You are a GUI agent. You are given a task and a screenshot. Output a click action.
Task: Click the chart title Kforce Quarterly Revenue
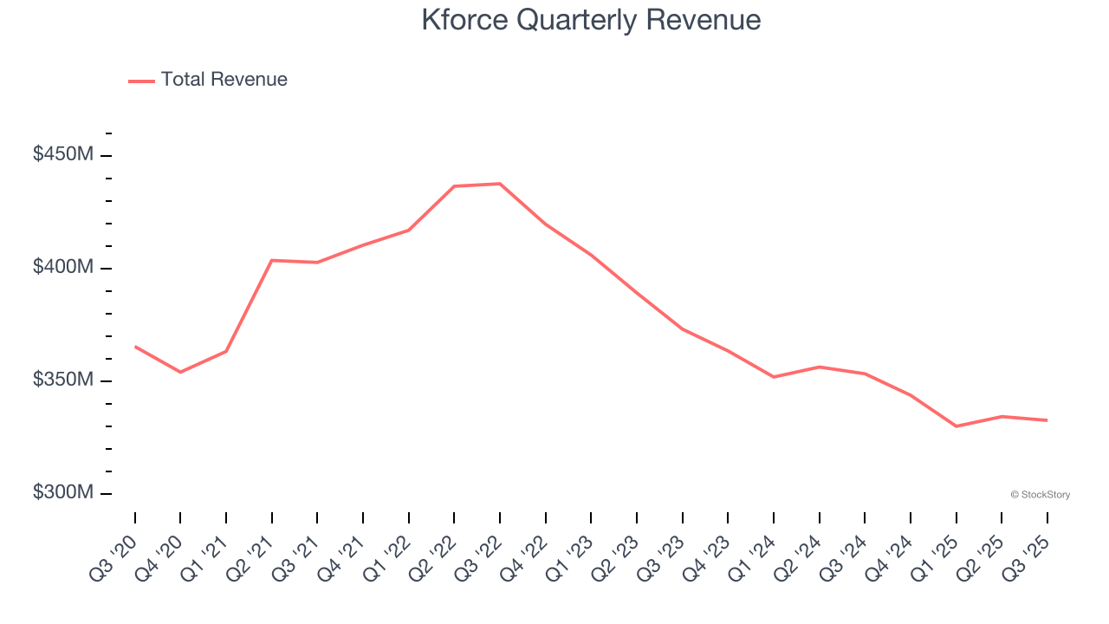coord(591,20)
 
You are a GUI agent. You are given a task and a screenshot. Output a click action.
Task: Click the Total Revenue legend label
coord(224,80)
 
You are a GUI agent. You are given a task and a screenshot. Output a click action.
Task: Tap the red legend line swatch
coord(141,81)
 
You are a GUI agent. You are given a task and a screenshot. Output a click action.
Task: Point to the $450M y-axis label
coord(63,155)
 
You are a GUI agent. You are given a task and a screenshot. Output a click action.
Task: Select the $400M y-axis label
coord(63,268)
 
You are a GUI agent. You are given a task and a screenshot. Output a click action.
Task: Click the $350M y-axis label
coord(63,380)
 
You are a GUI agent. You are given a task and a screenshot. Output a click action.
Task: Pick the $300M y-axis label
coord(63,493)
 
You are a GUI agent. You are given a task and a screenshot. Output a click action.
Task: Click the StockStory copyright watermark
coord(1040,495)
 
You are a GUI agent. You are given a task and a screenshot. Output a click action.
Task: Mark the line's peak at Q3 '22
coord(500,184)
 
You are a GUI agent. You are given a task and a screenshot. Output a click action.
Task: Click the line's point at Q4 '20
coord(180,372)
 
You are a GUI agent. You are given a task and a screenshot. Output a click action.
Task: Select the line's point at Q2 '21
coord(272,260)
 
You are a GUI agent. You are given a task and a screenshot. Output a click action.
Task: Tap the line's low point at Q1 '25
coord(956,426)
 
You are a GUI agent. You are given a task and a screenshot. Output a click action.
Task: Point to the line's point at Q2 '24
coord(819,367)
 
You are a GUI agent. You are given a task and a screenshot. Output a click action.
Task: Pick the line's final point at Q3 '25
coord(1047,420)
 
